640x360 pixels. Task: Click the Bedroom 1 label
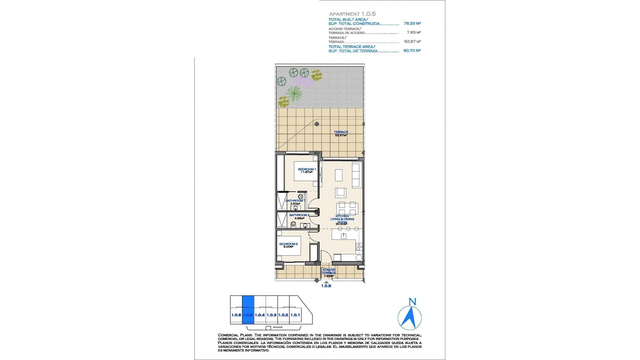307,169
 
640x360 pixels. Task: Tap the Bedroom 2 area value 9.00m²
288,247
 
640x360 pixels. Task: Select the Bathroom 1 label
295,201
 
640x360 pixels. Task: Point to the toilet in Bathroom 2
293,225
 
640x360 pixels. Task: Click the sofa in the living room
356,175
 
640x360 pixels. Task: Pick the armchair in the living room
341,192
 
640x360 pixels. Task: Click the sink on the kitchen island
343,236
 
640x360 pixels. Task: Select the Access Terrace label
329,271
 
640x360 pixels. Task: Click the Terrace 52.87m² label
341,134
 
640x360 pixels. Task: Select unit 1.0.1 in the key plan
295,315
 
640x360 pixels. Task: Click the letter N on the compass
412,302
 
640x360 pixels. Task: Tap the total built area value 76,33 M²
412,24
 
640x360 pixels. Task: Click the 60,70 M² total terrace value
412,51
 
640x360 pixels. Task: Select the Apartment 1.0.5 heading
352,14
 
